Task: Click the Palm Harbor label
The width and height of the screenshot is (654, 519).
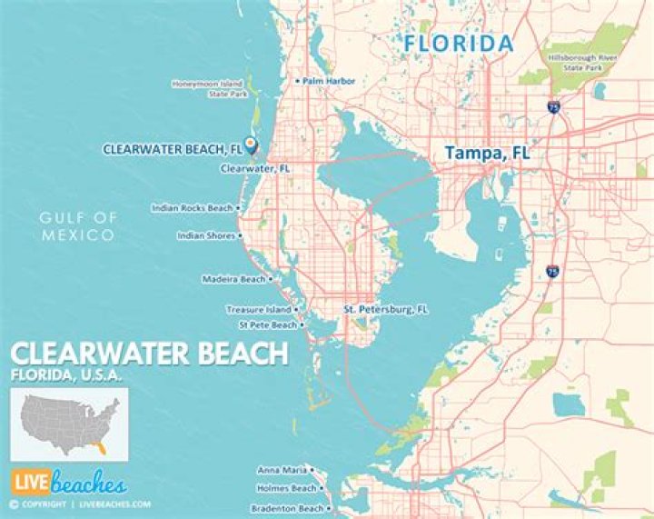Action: tap(329, 81)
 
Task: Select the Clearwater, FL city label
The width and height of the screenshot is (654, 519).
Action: tap(255, 168)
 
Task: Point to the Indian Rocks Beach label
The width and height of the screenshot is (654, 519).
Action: tap(192, 208)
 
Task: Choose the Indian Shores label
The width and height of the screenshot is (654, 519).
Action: tap(205, 235)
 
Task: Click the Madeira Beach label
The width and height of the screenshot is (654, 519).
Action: tap(233, 279)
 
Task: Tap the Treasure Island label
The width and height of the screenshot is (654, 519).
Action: tap(258, 309)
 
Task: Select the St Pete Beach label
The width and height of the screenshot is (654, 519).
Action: tap(267, 324)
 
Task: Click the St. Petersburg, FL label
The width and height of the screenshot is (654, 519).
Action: tap(385, 309)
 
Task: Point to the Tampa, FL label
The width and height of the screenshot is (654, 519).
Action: tap(487, 155)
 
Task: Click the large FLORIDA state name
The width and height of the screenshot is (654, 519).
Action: tap(459, 44)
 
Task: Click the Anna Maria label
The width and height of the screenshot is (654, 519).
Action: tap(281, 470)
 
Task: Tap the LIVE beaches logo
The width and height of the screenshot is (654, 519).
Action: tap(69, 484)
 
